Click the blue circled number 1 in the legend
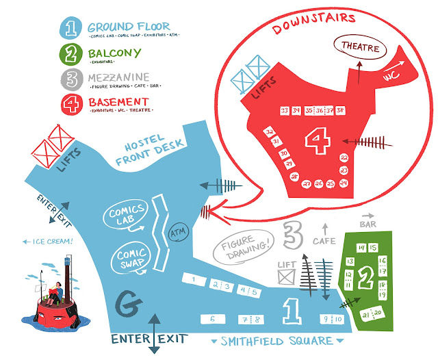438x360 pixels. (71, 28)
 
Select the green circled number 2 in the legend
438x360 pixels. (71, 53)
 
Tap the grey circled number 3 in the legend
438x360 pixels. (71, 79)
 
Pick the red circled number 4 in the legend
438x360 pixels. (71, 103)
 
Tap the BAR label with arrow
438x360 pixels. (368, 223)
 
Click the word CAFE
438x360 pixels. (324, 241)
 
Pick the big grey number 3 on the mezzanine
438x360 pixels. (293, 234)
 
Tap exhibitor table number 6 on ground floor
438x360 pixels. (213, 319)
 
